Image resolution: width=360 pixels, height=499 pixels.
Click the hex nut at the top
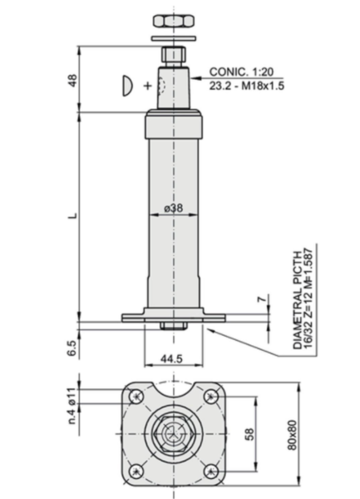point(174,21)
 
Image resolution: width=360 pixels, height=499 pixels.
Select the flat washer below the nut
point(174,38)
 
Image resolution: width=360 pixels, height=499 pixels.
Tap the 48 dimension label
point(73,81)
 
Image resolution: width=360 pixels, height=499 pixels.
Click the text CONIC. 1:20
point(241,72)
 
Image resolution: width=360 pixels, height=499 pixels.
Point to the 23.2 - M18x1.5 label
point(246,86)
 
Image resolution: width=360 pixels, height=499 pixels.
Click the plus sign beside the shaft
point(147,86)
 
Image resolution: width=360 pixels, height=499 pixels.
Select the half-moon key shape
point(127,86)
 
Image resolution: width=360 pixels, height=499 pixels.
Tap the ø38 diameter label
point(174,208)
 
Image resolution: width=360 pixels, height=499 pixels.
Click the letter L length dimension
point(73,215)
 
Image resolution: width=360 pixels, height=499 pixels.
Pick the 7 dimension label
point(261,299)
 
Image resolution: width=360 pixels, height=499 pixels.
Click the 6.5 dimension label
point(72,348)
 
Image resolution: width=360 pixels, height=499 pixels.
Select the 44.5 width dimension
point(171,358)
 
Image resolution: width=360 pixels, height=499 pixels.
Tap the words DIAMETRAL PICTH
point(297,300)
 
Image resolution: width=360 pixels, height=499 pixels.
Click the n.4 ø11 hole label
point(72,406)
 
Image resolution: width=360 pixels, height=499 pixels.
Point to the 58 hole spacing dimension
point(250,434)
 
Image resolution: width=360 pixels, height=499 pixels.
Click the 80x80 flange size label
point(293,435)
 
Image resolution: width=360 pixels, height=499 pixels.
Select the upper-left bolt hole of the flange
point(136,397)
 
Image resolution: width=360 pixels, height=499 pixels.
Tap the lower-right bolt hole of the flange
point(211,471)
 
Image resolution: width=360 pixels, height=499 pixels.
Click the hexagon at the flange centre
point(174,434)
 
